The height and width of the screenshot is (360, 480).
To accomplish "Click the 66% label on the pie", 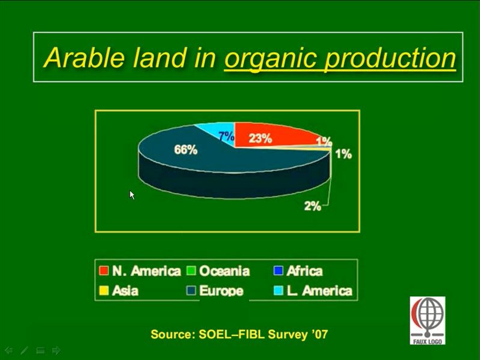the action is click(x=185, y=150).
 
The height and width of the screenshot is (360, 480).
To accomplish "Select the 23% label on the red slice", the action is click(x=260, y=138).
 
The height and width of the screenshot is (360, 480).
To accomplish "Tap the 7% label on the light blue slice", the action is click(x=226, y=136).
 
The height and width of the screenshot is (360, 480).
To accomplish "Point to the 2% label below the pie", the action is click(x=313, y=206).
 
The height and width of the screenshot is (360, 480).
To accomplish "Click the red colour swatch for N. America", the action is click(x=104, y=270).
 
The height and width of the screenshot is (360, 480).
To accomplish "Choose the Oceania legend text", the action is click(x=224, y=271).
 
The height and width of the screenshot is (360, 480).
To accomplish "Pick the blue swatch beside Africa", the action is click(x=278, y=270).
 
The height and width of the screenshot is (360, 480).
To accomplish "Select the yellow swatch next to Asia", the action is click(x=104, y=290).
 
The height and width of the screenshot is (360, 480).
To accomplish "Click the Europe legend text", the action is click(x=221, y=291).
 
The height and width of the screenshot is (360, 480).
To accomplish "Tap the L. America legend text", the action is click(x=319, y=290).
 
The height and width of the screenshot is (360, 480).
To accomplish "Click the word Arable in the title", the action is click(x=84, y=58).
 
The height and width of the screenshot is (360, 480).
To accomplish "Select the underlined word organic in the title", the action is click(x=271, y=59).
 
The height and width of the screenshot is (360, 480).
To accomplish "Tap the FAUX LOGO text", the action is click(x=427, y=341).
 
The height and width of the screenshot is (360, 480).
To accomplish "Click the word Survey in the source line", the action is click(x=288, y=334).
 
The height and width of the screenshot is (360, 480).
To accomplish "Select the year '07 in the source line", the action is click(x=320, y=334).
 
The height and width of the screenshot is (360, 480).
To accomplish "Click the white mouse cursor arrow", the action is click(x=132, y=195).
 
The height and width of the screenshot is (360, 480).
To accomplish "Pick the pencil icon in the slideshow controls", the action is click(x=25, y=350).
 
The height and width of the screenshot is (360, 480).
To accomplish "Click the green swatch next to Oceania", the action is click(x=191, y=270).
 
